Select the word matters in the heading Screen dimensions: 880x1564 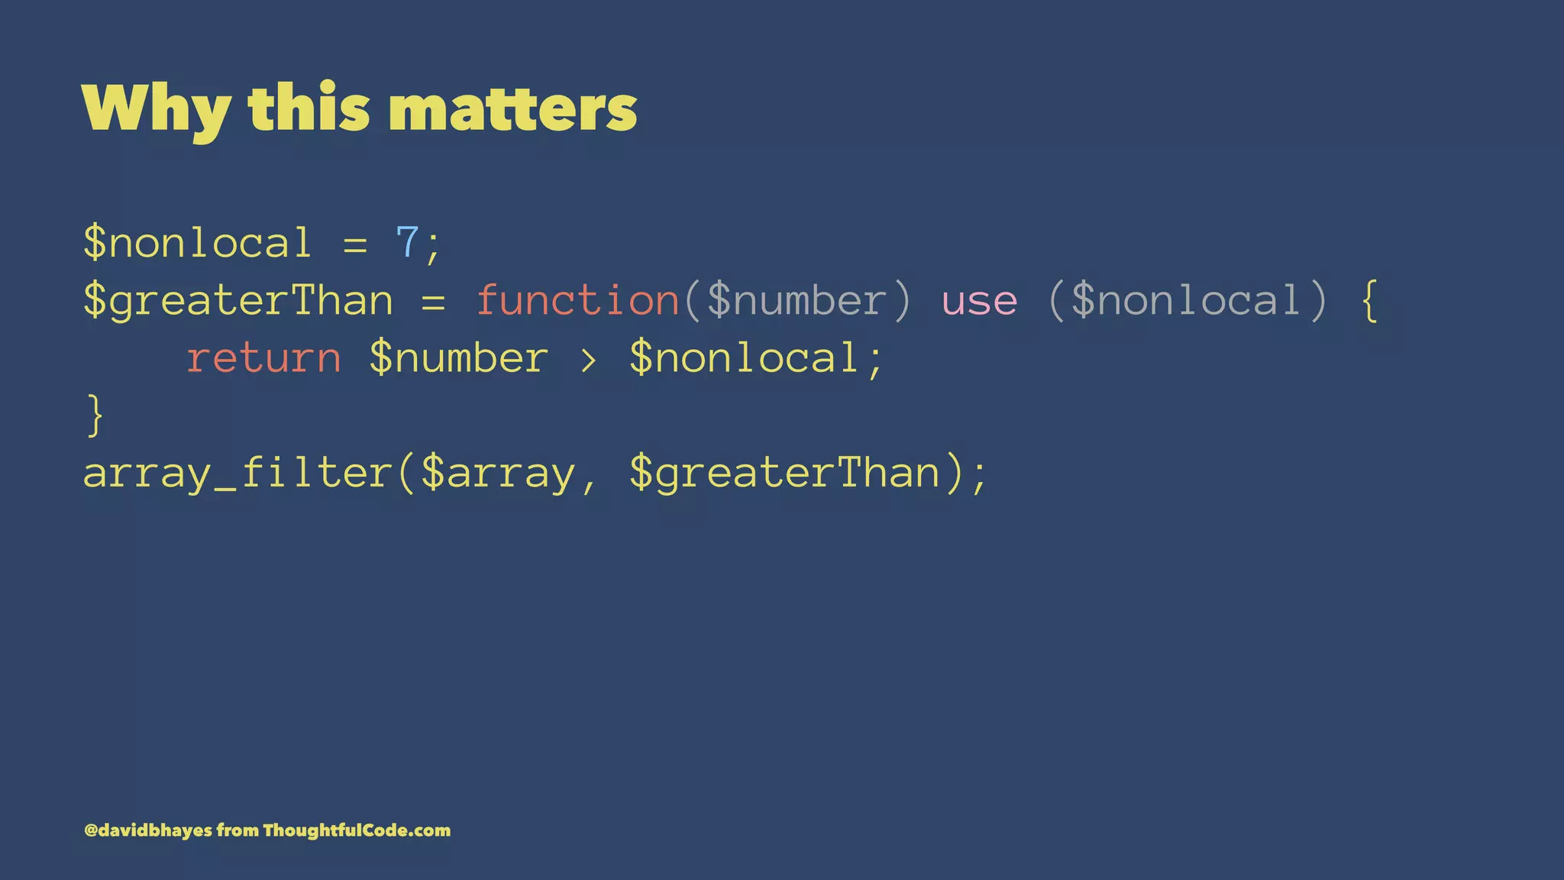pos(512,108)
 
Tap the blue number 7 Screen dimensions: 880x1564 pos(407,243)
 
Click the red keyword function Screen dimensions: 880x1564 pos(578,300)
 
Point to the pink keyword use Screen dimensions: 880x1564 pos(979,300)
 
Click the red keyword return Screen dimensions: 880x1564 pos(263,358)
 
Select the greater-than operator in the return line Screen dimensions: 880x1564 pos(588,359)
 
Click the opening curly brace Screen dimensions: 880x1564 pos(1370,300)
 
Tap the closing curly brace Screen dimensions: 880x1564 pos(95,416)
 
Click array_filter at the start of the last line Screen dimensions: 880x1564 pos(238,474)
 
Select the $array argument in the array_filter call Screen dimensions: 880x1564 pos(498,474)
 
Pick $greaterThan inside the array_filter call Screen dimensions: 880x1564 pos(785,474)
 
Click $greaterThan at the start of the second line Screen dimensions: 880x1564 pos(238,300)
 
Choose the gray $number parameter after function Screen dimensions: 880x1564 pos(797,300)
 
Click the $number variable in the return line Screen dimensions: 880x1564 pos(458,358)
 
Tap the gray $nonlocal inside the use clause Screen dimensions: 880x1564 pos(1186,300)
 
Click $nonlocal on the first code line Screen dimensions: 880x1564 pos(198,243)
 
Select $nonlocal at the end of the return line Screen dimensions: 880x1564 pos(745,358)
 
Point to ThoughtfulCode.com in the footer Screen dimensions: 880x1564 pos(357,830)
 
